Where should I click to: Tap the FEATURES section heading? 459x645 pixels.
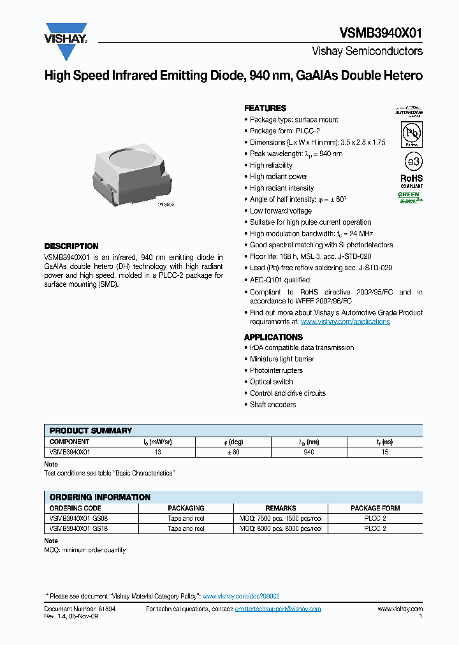(x=265, y=108)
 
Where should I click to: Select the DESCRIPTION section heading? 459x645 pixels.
(x=71, y=246)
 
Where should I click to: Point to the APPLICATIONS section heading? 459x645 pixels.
(x=273, y=337)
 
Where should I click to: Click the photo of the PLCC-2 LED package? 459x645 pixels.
(x=131, y=175)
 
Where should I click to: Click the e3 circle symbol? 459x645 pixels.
(x=411, y=159)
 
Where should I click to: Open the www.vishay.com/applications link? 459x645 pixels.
(x=345, y=322)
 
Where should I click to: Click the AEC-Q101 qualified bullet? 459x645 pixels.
(x=279, y=280)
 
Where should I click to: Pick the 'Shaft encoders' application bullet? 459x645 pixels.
(x=273, y=405)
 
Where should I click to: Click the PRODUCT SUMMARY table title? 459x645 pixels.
(x=91, y=431)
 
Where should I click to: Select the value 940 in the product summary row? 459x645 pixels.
(x=309, y=452)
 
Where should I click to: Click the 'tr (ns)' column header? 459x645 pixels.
(x=384, y=442)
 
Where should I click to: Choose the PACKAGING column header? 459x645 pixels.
(x=186, y=508)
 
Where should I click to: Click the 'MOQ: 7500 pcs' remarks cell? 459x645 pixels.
(x=280, y=519)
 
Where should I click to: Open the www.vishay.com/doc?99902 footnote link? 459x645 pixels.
(x=241, y=596)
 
